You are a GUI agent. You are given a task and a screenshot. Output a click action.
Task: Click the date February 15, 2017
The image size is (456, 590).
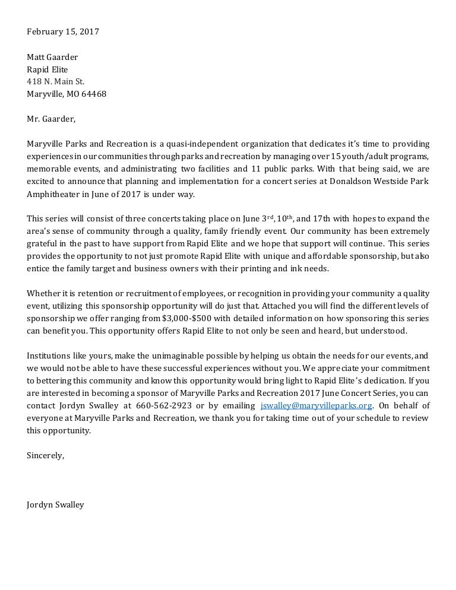point(63,31)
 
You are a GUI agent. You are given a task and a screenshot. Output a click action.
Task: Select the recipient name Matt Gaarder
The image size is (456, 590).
point(52,57)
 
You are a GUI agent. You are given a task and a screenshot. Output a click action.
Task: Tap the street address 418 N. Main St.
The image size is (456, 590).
point(56,81)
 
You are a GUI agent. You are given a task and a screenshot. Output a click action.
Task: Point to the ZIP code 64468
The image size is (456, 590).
point(94,94)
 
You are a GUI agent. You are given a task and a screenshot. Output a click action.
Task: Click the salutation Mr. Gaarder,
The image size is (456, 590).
point(51,119)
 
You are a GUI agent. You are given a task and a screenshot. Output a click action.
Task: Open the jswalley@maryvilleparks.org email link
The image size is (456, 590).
point(316,405)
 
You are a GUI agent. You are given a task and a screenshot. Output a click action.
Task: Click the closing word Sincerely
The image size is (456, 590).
point(45,455)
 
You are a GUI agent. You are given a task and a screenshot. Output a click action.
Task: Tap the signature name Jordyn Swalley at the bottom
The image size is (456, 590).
point(55,505)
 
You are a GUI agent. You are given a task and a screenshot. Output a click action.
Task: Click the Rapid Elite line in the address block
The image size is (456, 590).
point(47,69)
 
